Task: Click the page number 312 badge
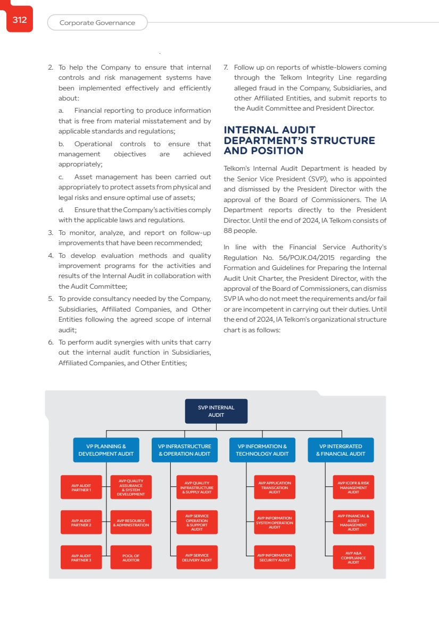[20, 20]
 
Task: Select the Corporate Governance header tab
[97, 23]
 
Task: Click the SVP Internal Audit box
[216, 411]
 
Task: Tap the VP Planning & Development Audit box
[106, 450]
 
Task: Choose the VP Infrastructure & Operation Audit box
[185, 450]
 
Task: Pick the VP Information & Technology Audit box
[262, 450]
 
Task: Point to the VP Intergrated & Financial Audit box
[341, 450]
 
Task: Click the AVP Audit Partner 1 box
[81, 487]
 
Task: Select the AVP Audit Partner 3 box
[81, 557]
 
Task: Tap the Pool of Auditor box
[131, 557]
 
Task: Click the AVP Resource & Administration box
[131, 522]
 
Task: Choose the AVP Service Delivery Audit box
[197, 557]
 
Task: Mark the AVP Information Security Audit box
[275, 557]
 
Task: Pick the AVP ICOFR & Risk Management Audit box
[353, 487]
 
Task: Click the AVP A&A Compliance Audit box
[353, 557]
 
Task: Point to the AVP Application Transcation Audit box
[275, 487]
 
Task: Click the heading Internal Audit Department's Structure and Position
[299, 140]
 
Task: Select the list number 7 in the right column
[226, 68]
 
